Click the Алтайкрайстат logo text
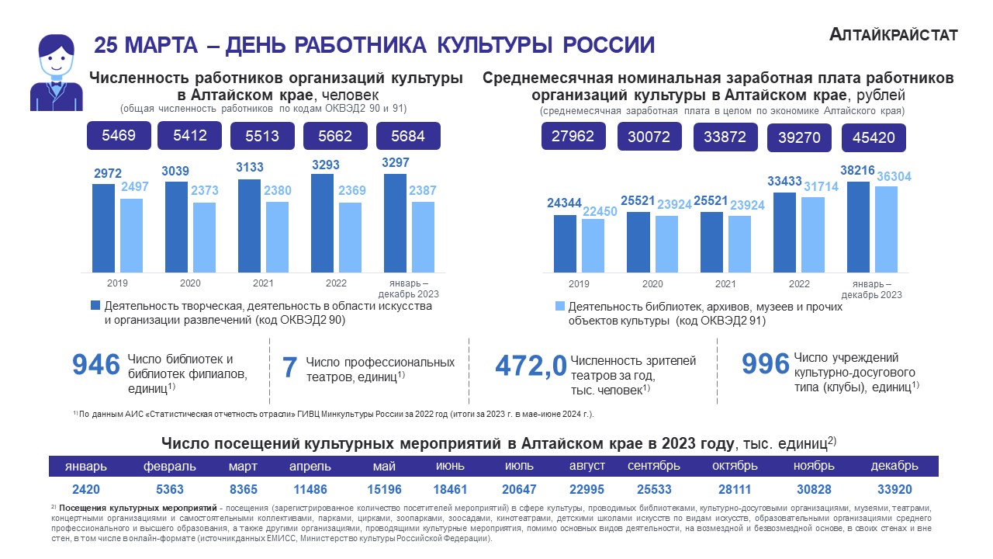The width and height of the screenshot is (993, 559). (x=893, y=34)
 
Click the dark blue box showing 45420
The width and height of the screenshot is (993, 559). (x=874, y=139)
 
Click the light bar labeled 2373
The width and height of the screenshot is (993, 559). (x=204, y=237)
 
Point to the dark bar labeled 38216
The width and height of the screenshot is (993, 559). (x=858, y=227)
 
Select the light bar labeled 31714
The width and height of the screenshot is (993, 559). (x=812, y=234)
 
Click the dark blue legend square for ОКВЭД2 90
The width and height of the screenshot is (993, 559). (x=95, y=306)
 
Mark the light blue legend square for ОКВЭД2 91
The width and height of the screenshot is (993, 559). (x=559, y=306)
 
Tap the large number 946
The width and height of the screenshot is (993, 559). (x=95, y=364)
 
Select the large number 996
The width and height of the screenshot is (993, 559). (x=765, y=364)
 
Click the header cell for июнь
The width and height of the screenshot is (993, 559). (x=451, y=466)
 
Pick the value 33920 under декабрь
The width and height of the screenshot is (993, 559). (x=894, y=491)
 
